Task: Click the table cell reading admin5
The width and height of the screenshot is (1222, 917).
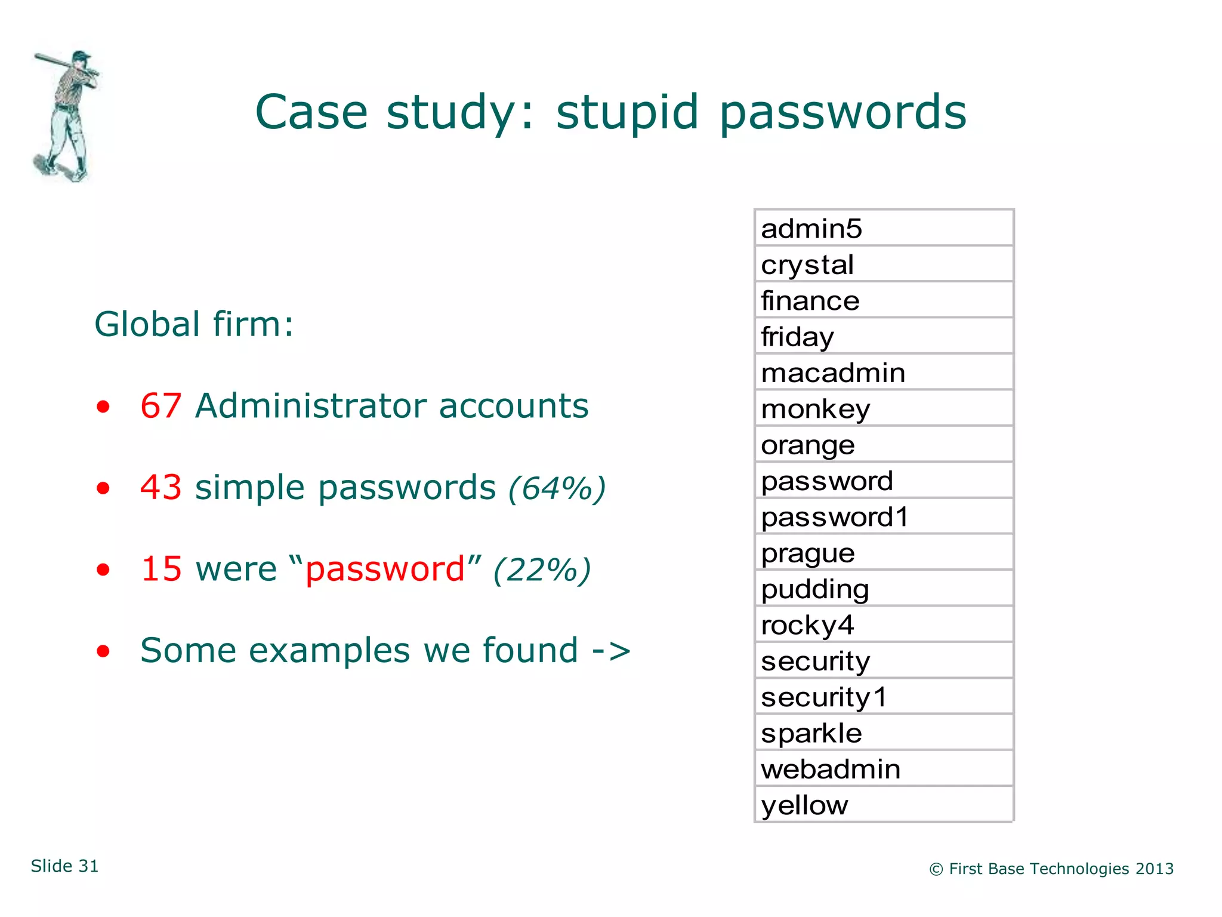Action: point(883,229)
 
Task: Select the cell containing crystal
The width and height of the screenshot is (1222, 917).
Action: point(883,264)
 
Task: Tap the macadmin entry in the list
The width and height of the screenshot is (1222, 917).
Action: point(883,373)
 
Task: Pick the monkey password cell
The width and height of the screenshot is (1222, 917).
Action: point(883,409)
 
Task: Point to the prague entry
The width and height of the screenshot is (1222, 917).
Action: point(883,553)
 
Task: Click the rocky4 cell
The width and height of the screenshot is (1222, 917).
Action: point(883,625)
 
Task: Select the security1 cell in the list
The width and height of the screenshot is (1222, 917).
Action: point(883,697)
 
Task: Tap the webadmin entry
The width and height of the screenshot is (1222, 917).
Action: point(883,769)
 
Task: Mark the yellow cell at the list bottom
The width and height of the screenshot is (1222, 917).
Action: point(883,805)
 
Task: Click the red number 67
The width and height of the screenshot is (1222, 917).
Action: point(161,406)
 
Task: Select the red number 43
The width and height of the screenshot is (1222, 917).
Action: point(161,487)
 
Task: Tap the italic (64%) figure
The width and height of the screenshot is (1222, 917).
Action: point(557,488)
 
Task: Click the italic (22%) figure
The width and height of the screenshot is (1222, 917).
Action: point(542,570)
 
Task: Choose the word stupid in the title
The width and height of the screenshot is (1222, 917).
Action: point(627,112)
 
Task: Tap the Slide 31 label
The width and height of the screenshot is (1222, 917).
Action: point(64,866)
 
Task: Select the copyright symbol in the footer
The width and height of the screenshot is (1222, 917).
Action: point(936,869)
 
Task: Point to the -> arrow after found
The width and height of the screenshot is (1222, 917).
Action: point(611,650)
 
